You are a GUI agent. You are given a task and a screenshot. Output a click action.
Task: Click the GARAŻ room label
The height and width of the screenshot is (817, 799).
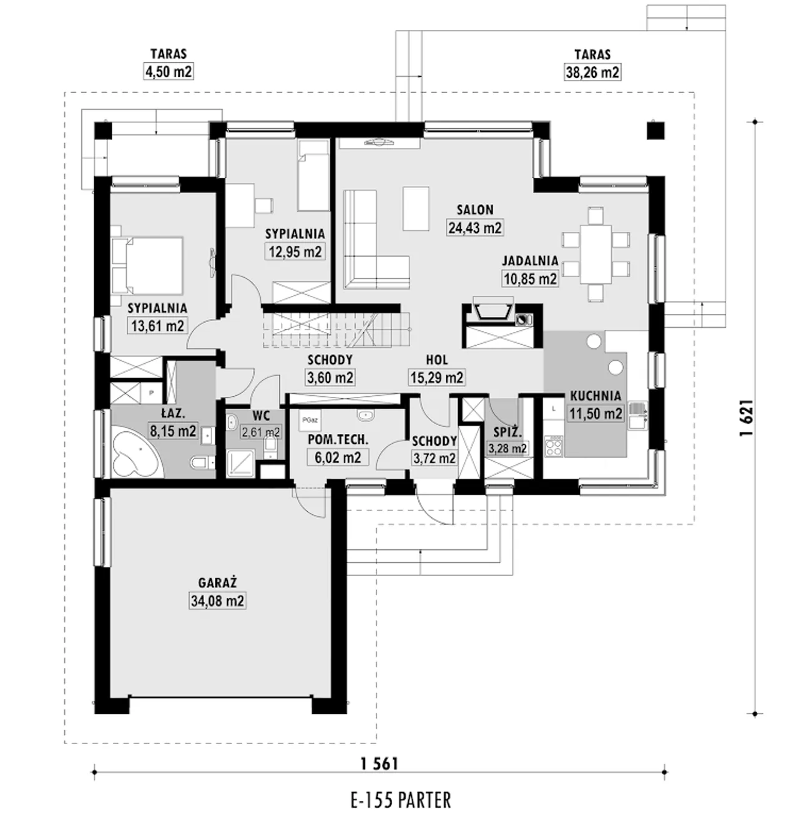[x=217, y=582]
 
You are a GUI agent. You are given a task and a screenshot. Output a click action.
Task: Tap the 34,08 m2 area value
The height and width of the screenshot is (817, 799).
[x=217, y=601]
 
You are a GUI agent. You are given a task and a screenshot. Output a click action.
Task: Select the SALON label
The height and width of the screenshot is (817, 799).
[x=475, y=210]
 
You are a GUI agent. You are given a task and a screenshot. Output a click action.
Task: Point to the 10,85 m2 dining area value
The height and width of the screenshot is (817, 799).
[x=530, y=278]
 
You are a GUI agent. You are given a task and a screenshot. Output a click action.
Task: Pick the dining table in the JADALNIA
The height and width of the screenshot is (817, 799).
[x=596, y=254]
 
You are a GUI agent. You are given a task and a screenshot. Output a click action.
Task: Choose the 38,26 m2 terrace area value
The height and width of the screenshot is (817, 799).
[x=592, y=72]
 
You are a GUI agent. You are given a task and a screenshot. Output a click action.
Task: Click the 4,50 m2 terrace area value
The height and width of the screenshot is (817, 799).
[x=169, y=71]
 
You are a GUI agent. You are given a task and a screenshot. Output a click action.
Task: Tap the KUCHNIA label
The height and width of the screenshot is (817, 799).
[x=596, y=396]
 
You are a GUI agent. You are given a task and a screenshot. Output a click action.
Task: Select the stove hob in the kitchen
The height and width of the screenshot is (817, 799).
[x=554, y=446]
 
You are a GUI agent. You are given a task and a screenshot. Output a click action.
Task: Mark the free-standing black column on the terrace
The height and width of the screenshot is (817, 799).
[x=655, y=130]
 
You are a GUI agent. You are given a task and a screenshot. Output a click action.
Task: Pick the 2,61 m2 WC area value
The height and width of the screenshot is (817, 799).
[x=261, y=431]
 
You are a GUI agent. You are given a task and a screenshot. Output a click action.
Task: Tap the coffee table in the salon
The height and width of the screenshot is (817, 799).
[x=416, y=208]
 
